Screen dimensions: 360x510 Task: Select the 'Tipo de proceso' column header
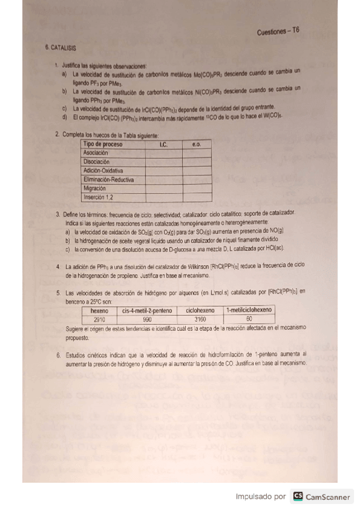[x=103, y=145]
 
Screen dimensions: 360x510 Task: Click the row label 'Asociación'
[x=96, y=153]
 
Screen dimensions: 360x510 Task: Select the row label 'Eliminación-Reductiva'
[x=109, y=179]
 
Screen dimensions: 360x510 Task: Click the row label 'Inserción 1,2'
[x=99, y=197]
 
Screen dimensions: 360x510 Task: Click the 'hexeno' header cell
[x=99, y=311]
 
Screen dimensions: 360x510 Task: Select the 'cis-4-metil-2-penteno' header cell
[x=147, y=311]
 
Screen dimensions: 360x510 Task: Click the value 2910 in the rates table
[x=99, y=319]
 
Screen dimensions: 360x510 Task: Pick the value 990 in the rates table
[x=147, y=319]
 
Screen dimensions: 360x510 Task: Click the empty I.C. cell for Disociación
[x=163, y=162]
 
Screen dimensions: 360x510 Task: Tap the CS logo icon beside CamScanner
[x=298, y=496]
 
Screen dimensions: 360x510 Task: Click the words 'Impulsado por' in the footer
[x=261, y=497]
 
